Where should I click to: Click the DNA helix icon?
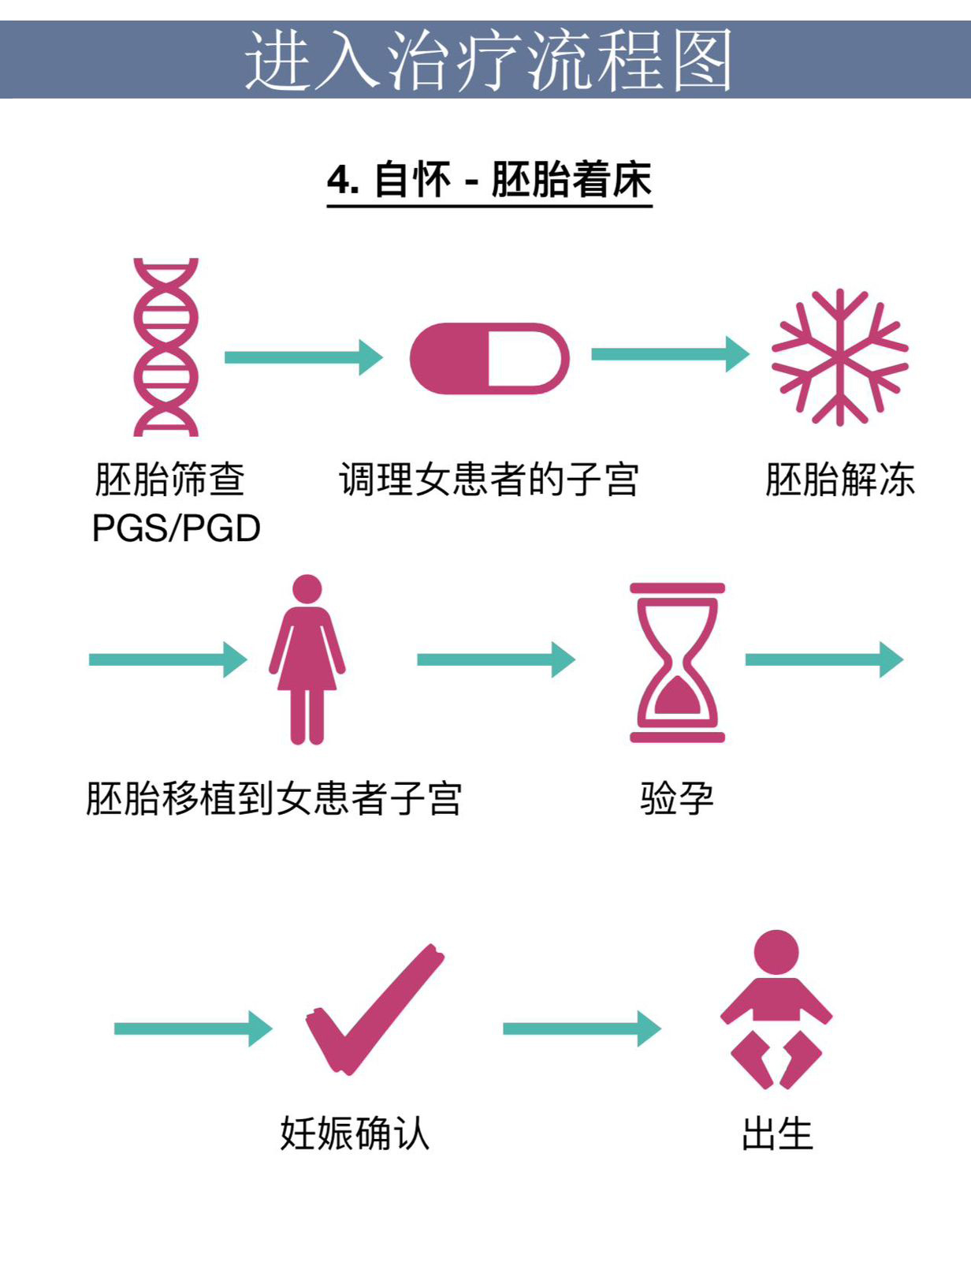(x=166, y=347)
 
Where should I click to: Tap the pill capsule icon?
(x=489, y=358)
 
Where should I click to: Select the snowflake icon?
(x=839, y=357)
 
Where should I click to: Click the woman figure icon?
(x=307, y=659)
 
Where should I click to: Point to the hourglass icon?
(x=677, y=663)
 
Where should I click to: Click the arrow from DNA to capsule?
(x=304, y=357)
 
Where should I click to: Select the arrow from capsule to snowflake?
(x=671, y=353)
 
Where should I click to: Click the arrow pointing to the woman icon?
(x=168, y=659)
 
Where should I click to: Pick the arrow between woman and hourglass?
(x=497, y=659)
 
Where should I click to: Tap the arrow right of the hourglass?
(x=825, y=659)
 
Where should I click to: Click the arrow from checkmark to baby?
(x=582, y=1029)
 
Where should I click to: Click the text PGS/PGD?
(x=176, y=528)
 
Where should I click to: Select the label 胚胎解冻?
(x=839, y=480)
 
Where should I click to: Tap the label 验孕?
(x=676, y=798)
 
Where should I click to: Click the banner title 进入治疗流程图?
(x=489, y=60)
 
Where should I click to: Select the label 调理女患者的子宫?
(x=489, y=480)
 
